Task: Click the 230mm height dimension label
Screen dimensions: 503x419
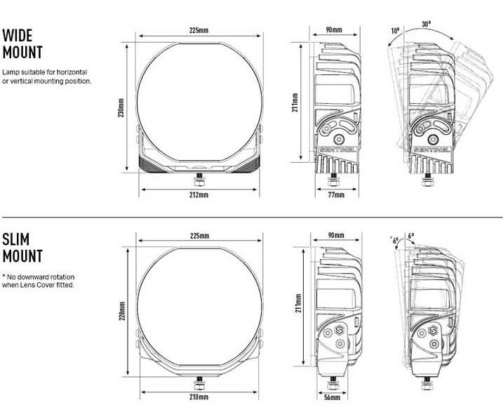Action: click(x=121, y=108)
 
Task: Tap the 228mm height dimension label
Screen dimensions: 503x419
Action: click(x=122, y=311)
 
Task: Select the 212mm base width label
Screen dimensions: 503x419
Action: click(x=199, y=194)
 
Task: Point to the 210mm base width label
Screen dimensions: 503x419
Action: click(x=199, y=397)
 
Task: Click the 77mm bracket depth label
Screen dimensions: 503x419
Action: click(x=336, y=194)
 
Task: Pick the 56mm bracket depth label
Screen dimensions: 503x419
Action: click(x=332, y=397)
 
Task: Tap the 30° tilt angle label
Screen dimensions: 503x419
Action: click(x=427, y=24)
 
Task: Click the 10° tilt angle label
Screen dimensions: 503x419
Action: click(x=395, y=31)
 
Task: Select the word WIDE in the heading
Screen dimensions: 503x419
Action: click(x=18, y=35)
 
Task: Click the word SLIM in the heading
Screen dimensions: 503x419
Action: click(x=15, y=239)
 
